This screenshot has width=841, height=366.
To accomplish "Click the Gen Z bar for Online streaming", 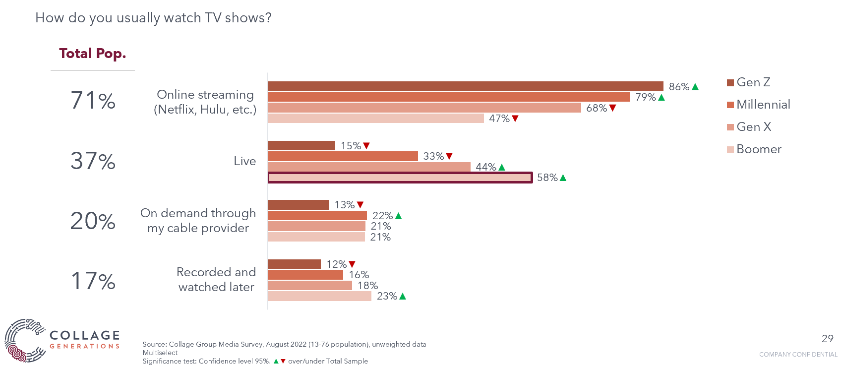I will [x=465, y=86].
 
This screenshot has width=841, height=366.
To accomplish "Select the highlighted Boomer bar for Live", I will [x=400, y=178].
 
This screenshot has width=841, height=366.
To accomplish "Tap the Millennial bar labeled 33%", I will [x=343, y=156].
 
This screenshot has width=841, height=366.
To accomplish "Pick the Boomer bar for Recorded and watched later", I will [x=319, y=296].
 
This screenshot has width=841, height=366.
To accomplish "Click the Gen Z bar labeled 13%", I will [x=298, y=205].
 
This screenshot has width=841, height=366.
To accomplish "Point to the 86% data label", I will [x=679, y=87].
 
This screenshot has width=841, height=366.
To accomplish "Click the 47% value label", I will [x=499, y=119].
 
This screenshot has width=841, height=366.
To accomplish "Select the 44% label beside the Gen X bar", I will [x=486, y=167].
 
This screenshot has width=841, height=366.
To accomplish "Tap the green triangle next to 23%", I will [x=403, y=296].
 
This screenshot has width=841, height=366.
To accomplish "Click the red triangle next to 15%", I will [x=367, y=146].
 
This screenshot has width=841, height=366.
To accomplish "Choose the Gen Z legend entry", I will [x=748, y=82].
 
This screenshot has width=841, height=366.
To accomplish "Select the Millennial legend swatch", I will [x=730, y=105].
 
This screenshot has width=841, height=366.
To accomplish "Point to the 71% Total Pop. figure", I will [x=93, y=101].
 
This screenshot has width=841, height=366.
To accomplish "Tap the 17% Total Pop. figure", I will [x=93, y=281].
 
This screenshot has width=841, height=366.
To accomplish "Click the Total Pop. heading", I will [x=93, y=54].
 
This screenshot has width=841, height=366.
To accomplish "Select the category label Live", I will [x=244, y=161].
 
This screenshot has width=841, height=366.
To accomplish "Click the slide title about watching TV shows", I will [x=153, y=18].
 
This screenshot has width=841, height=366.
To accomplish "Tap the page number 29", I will [x=827, y=339].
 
